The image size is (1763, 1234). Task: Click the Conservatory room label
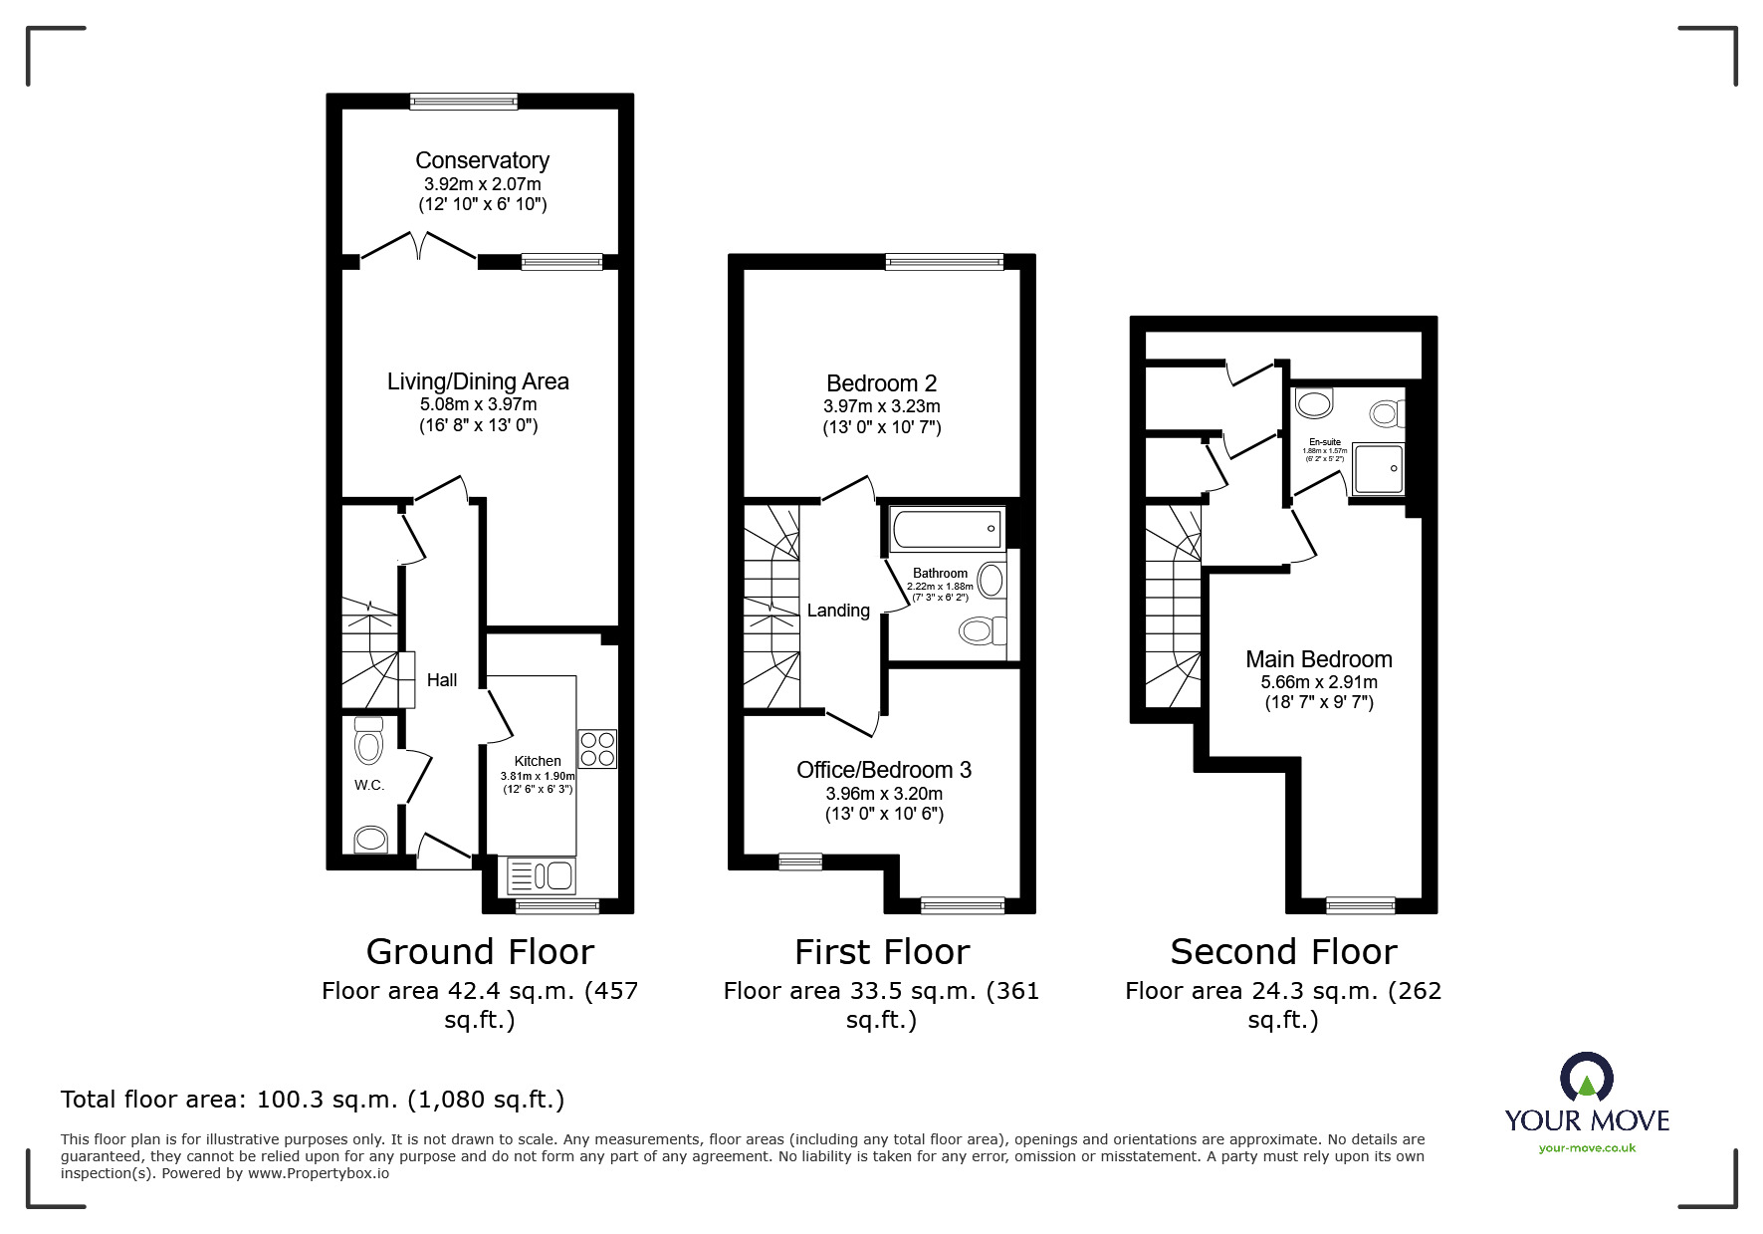point(482,160)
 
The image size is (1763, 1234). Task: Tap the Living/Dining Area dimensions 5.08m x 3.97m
point(478,404)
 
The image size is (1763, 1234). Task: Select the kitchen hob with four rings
point(597,749)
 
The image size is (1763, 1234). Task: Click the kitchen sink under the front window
point(541,876)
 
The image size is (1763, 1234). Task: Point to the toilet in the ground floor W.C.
point(368,742)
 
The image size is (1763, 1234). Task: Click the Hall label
point(442,680)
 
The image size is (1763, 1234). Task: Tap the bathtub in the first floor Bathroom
point(947,530)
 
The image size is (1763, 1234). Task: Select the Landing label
point(838,611)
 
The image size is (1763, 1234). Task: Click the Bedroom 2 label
point(881,383)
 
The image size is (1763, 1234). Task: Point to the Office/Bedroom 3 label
point(884,770)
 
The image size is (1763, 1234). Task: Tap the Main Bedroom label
point(1319,659)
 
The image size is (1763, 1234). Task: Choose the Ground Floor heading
point(480,952)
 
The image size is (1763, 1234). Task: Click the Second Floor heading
point(1283,952)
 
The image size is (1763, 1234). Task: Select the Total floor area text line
point(313,1100)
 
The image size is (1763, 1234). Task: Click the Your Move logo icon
point(1586,1079)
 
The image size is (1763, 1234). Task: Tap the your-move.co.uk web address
point(1587,1148)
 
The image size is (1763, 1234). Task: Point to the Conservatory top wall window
point(464,101)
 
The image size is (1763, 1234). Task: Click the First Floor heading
point(882,952)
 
